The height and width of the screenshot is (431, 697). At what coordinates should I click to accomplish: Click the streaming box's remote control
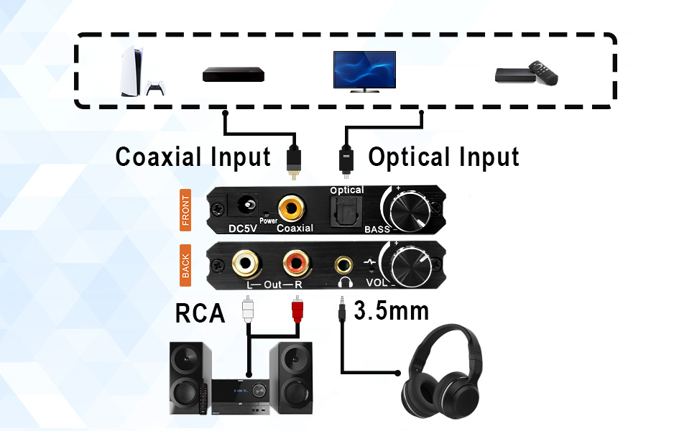point(543,73)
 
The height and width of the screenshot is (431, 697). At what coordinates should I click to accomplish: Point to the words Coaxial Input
point(193,157)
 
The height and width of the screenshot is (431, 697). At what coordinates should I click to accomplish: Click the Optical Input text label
point(443,157)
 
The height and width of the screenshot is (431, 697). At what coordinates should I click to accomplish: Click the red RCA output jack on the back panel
point(296,264)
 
